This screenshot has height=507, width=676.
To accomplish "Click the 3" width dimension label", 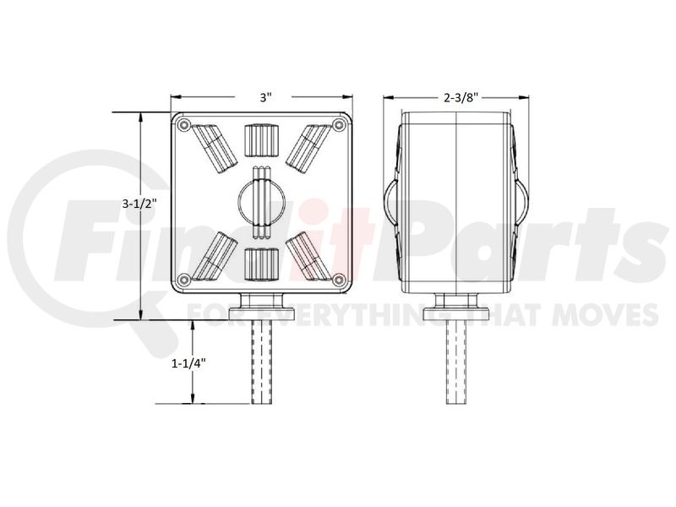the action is [x=265, y=97].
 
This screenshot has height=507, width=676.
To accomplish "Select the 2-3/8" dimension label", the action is [x=461, y=98].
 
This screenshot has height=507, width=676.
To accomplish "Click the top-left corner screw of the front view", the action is [x=184, y=125].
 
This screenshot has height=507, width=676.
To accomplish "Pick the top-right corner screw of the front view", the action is [x=340, y=125].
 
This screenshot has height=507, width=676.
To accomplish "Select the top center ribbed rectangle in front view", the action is [x=261, y=140].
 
